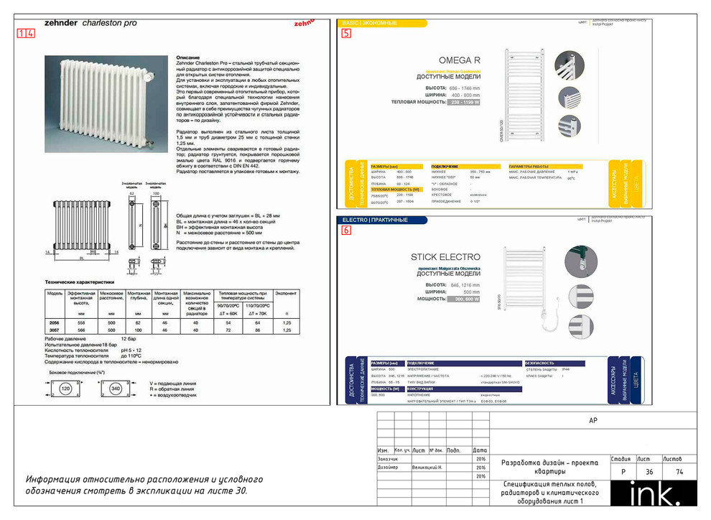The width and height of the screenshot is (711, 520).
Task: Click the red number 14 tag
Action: [25, 33]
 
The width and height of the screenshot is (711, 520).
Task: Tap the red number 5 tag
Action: [347, 33]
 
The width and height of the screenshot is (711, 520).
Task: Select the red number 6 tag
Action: [347, 231]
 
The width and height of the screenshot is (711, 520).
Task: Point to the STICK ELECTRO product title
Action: [445, 256]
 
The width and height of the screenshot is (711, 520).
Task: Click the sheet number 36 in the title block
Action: [649, 472]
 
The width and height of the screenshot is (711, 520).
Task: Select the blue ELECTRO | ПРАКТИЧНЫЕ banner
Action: [375, 220]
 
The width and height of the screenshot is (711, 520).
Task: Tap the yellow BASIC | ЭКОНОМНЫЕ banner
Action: [369, 24]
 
